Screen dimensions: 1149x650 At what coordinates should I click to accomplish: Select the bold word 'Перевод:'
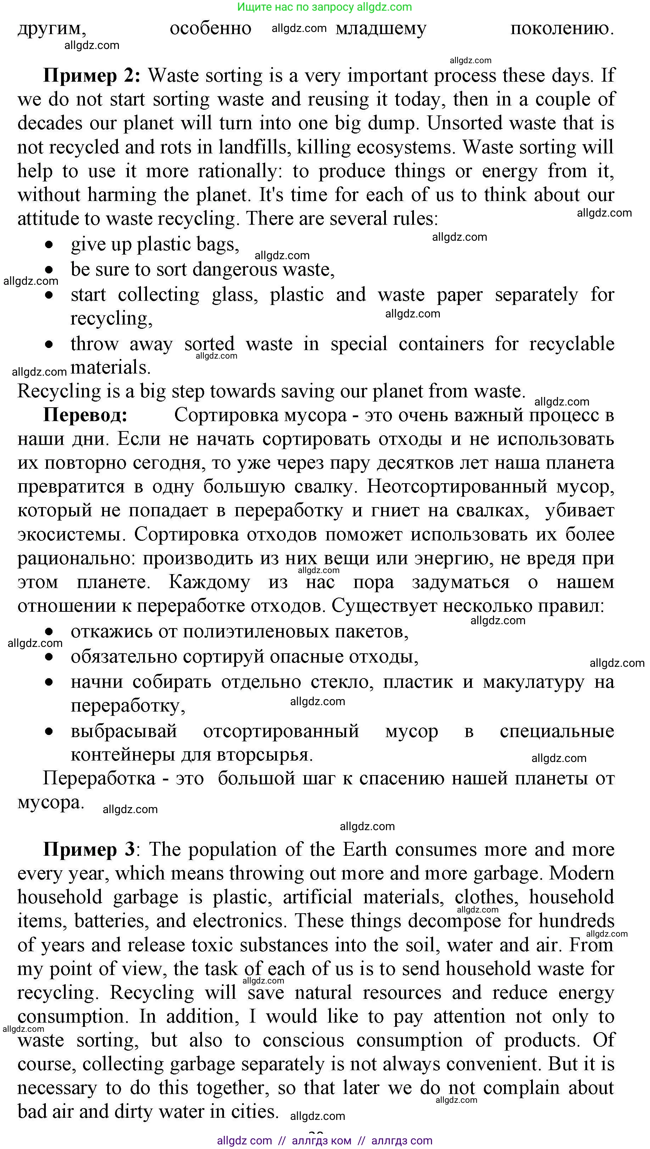[85, 415]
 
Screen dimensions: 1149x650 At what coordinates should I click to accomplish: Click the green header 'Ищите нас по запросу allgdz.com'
[324, 7]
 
